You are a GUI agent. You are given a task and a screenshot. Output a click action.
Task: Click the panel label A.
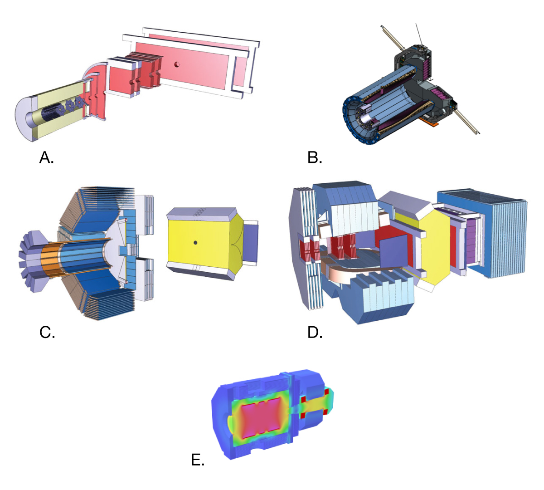[x=46, y=157]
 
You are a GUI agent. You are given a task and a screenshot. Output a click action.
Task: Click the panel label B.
[x=315, y=157]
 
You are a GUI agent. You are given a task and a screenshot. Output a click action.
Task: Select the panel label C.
[x=47, y=333]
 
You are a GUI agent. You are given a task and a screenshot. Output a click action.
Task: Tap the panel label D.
[x=315, y=333]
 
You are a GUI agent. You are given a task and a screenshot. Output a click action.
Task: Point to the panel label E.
[x=198, y=460]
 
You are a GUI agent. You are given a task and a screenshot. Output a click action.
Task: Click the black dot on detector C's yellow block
[x=195, y=243]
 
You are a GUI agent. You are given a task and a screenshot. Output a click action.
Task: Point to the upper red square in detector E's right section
[x=326, y=391]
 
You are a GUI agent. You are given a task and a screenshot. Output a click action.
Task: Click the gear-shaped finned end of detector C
[x=28, y=261]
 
